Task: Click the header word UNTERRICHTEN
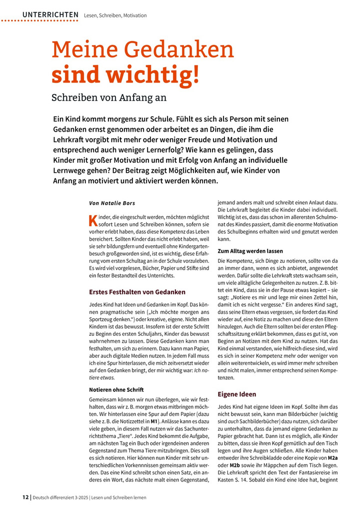(x=50, y=15)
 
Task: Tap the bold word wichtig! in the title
(x=159, y=74)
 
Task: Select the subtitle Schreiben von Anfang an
(x=109, y=97)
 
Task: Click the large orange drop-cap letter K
(x=92, y=220)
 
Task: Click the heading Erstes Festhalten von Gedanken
(x=137, y=292)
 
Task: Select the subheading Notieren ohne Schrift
(x=115, y=389)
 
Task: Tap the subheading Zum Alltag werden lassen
(x=250, y=251)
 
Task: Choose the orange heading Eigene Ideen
(x=236, y=394)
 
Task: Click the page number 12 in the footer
(x=25, y=497)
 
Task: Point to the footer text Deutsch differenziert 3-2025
(x=64, y=497)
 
